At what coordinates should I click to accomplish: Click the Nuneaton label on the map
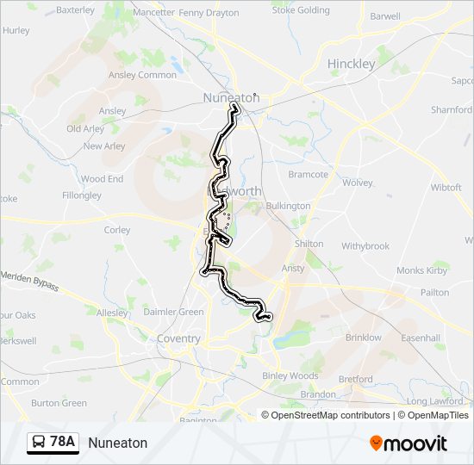click(x=230, y=98)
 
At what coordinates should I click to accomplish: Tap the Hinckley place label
click(x=351, y=64)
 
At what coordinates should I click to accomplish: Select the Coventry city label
click(x=178, y=338)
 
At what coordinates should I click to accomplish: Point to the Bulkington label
click(x=288, y=206)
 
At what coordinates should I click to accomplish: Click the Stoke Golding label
click(x=301, y=10)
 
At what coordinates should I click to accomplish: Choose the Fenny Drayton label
click(x=209, y=13)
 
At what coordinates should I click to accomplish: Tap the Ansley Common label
click(x=142, y=75)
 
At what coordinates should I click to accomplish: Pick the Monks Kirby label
click(x=422, y=270)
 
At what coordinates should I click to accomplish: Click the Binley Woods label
click(x=290, y=375)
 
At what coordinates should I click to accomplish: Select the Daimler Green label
click(x=173, y=312)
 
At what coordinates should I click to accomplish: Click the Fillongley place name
click(x=82, y=195)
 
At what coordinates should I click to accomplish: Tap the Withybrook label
click(x=365, y=245)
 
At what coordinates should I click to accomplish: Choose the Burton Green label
click(x=59, y=402)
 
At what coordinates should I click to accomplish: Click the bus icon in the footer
click(x=38, y=443)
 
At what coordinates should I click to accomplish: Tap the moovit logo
click(x=409, y=443)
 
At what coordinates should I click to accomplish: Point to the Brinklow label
click(x=363, y=338)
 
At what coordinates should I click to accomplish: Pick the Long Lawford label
click(x=435, y=401)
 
